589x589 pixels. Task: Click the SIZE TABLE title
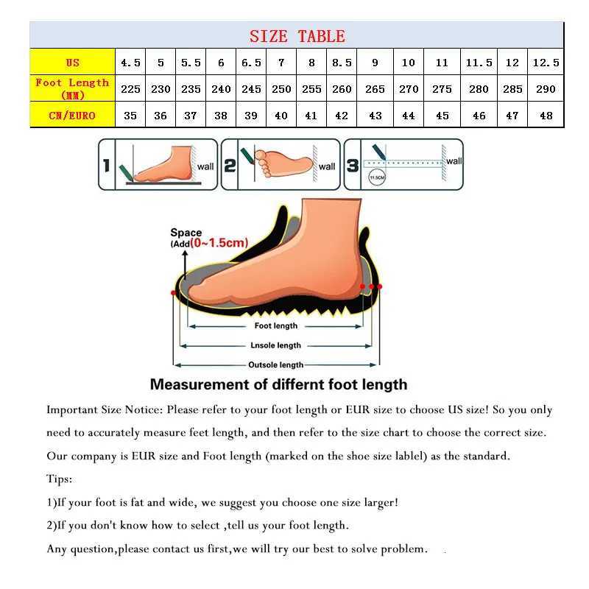(x=297, y=36)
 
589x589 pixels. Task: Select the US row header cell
(x=72, y=63)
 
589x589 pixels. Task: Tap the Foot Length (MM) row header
(x=72, y=88)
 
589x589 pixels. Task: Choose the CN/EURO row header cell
(x=72, y=115)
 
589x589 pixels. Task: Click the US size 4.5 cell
(x=130, y=63)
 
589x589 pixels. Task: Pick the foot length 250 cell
(x=281, y=89)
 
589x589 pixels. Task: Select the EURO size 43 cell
(x=375, y=116)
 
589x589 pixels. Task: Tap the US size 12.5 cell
(x=546, y=63)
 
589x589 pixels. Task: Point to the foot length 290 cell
(x=546, y=89)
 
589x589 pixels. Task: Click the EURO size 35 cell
(x=130, y=116)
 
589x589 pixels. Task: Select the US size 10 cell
(x=409, y=63)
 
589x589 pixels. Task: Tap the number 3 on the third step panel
(x=353, y=166)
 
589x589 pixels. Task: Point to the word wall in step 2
(x=327, y=166)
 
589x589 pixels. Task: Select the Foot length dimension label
(x=276, y=325)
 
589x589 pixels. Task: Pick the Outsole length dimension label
(x=276, y=364)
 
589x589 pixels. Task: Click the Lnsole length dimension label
(x=276, y=345)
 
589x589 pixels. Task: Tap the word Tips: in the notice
(x=60, y=479)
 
